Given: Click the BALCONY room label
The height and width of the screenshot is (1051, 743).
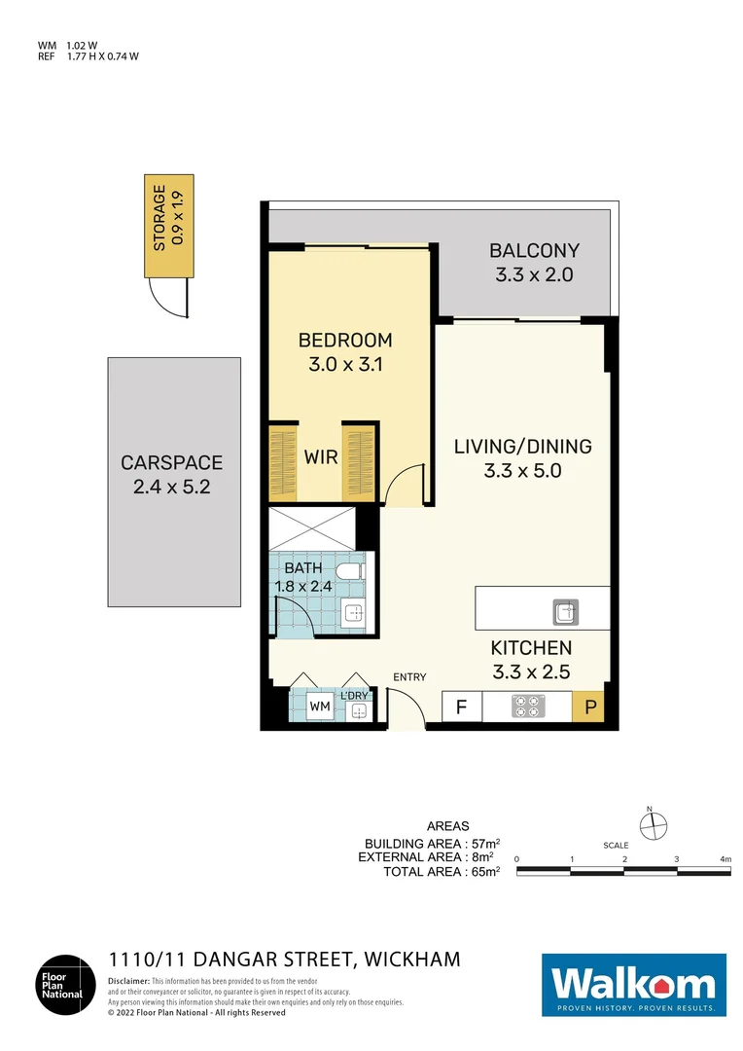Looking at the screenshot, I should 534,251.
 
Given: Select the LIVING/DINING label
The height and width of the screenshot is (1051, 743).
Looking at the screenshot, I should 523,447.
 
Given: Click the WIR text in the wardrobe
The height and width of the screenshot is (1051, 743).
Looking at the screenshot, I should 320,457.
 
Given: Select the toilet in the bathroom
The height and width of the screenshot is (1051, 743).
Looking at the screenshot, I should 351,570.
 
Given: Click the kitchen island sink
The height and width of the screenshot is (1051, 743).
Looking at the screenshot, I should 565,612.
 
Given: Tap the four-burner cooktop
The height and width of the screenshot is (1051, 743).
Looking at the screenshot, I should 527,706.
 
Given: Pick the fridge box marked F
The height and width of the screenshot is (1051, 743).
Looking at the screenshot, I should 461,707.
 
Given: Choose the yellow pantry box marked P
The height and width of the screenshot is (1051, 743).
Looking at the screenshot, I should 590,707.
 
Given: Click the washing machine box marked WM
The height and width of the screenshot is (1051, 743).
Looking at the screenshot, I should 319,707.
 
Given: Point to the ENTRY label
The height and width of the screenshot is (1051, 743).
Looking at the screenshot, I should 409,677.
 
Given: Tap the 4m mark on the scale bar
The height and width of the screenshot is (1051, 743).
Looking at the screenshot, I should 725,859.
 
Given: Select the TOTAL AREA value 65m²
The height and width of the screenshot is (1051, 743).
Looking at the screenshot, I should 483,872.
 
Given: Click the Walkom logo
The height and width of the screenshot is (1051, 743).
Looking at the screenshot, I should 633,985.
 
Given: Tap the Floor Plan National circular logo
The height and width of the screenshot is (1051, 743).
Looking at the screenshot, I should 64,985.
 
